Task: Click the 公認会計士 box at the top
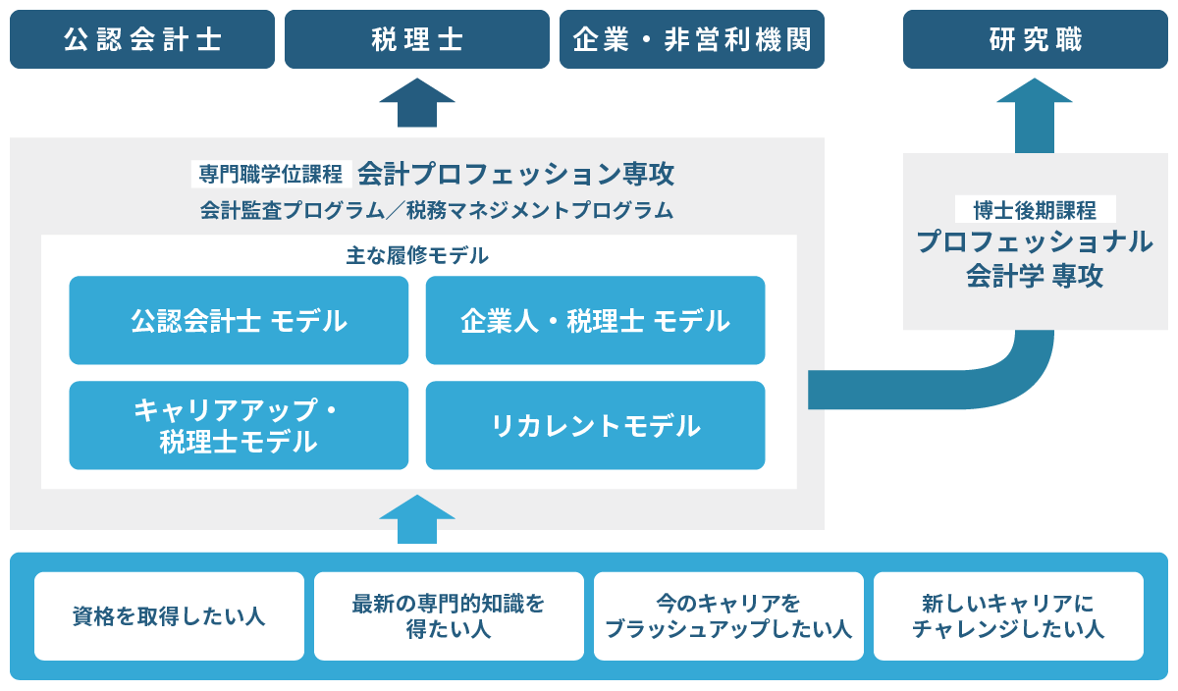[142, 39]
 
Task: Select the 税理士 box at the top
[417, 39]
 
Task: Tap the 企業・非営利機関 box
[692, 39]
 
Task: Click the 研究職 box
[1036, 39]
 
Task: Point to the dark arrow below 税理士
[417, 103]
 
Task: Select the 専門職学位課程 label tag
[271, 175]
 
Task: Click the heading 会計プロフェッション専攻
[515, 175]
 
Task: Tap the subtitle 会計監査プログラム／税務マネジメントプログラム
[437, 210]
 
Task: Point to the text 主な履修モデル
[417, 256]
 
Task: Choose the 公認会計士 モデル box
[239, 320]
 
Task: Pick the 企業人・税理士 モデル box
[595, 320]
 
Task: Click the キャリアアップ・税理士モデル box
[239, 425]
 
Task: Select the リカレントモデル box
[595, 425]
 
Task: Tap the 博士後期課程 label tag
[1035, 209]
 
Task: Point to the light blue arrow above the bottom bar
[417, 518]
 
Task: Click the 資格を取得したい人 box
[169, 616]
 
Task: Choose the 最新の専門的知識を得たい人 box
[449, 616]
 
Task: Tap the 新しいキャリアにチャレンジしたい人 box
[1008, 616]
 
